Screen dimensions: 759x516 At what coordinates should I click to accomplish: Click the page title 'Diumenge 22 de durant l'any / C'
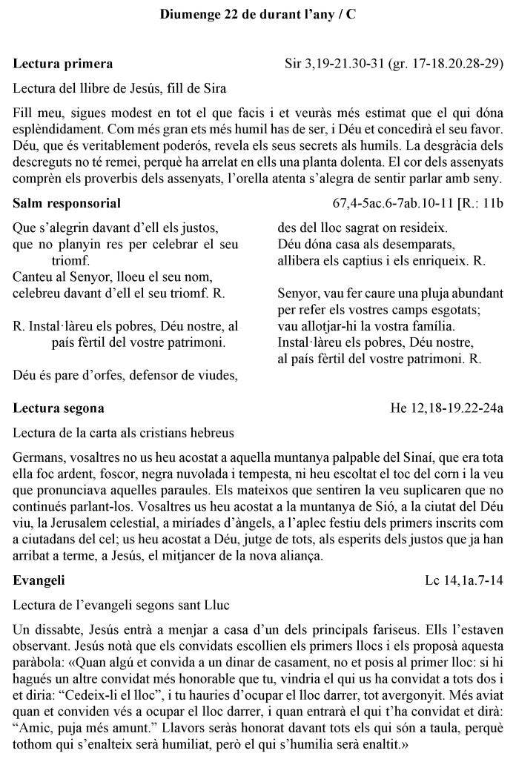(x=257, y=14)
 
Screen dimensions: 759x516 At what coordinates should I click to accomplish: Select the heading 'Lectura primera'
(x=63, y=64)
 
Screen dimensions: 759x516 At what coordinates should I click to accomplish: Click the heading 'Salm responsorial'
(x=67, y=202)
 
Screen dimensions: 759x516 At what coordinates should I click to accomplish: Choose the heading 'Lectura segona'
(x=59, y=408)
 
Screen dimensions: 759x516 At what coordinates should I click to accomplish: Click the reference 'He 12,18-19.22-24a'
(x=447, y=408)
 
